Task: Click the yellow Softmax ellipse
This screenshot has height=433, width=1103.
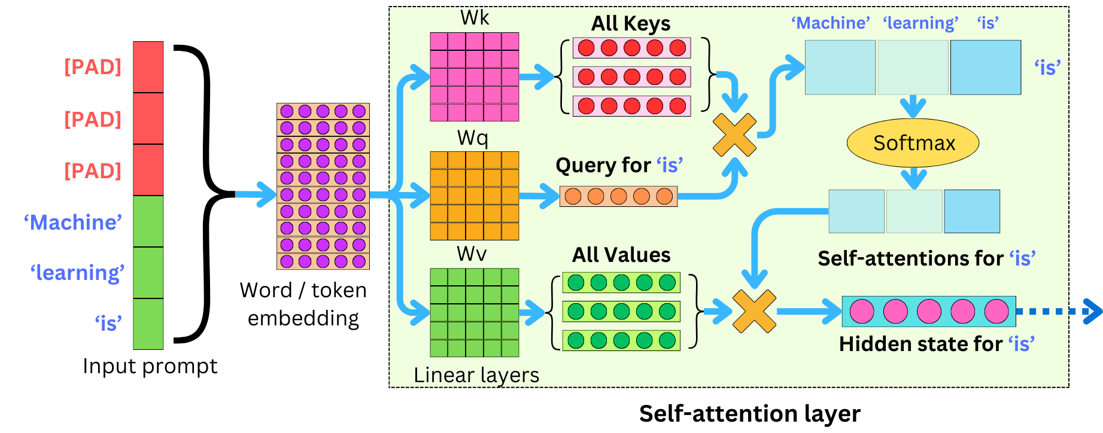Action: pos(913,143)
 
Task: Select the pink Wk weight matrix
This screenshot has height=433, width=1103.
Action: pos(474,77)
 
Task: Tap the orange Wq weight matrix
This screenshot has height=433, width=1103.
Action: pos(474,196)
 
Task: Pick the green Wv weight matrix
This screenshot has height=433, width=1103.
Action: pos(474,312)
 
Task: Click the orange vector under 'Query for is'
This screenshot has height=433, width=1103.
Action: pos(618,196)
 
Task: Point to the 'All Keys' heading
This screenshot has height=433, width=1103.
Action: pos(631,24)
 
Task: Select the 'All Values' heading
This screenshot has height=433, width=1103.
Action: pos(621,255)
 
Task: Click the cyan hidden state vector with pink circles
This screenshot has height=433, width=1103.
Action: pos(928,312)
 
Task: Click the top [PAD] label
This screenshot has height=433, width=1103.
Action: pos(93,67)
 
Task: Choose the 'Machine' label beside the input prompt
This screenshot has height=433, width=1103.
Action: pos(73,222)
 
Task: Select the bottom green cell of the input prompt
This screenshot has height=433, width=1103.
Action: pos(148,324)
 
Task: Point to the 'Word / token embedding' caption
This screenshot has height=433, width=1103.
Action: pos(303,304)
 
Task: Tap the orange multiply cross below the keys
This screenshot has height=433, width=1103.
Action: pos(734,135)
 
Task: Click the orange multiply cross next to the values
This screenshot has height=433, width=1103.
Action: pos(754,311)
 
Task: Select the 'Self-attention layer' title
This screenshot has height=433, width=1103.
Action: pos(749,414)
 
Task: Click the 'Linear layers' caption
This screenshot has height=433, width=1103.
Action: pos(476,375)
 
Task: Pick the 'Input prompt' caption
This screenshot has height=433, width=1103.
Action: pos(150,366)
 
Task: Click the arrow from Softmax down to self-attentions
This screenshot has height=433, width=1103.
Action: pos(913,178)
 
